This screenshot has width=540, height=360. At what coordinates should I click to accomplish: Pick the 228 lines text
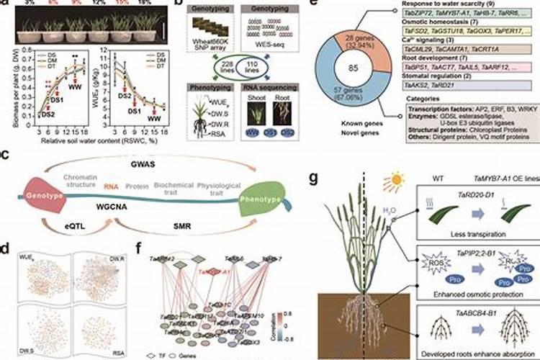pyautogui.click(x=194, y=66)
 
